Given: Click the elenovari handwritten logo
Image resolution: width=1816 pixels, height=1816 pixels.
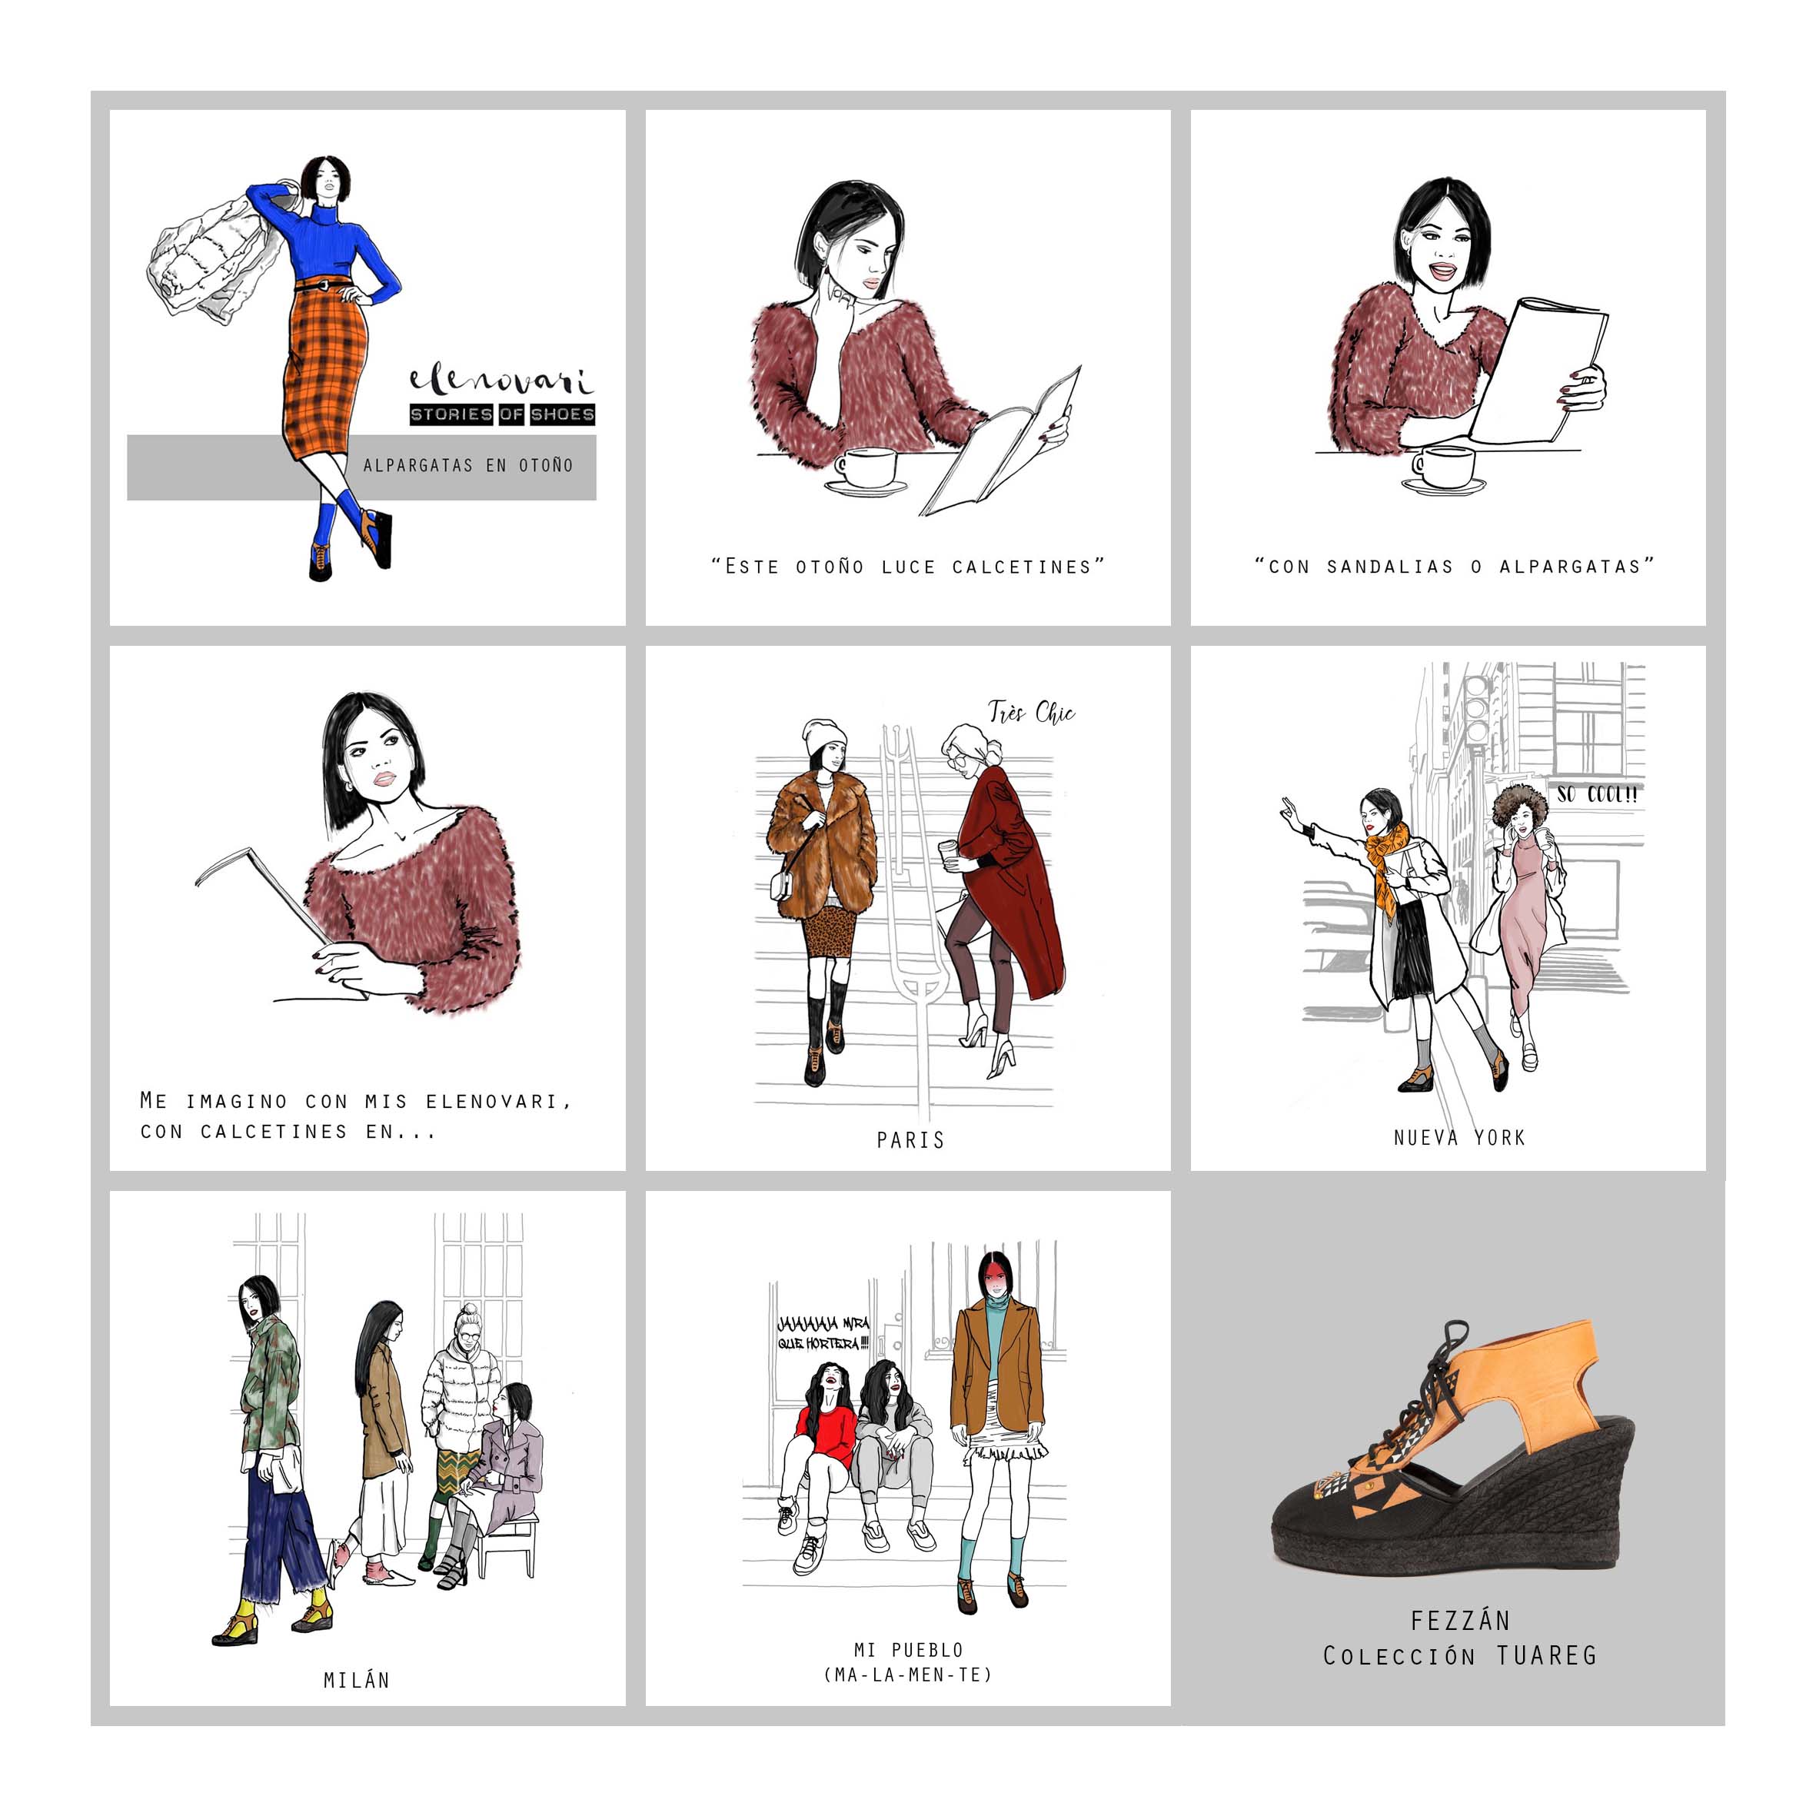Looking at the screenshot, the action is point(501,381).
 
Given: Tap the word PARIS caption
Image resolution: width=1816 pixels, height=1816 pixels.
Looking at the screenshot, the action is point(910,1140).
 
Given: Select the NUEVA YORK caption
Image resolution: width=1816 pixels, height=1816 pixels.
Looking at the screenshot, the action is point(1458,1137).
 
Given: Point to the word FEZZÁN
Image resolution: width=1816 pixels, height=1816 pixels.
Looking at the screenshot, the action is point(1460,1621).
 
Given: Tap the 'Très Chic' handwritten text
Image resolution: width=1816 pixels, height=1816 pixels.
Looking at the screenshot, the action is point(1031,713).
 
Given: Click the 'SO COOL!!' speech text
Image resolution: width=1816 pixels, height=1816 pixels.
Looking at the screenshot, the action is point(1597,794).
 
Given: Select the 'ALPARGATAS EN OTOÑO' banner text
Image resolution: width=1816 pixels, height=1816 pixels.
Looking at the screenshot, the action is point(468,465).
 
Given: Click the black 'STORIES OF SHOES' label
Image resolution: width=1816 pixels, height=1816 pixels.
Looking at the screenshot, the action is point(502,414).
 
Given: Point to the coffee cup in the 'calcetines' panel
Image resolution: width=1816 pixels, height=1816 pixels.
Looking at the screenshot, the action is point(866,469).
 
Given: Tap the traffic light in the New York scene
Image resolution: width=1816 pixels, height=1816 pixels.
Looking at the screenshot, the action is point(1477,709).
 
